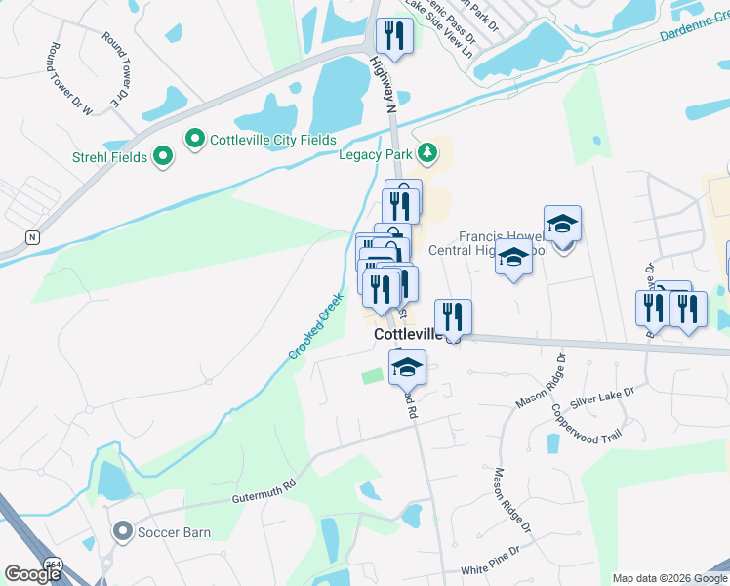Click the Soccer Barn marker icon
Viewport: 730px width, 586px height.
(x=122, y=532)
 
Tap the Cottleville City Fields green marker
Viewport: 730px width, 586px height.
(x=194, y=140)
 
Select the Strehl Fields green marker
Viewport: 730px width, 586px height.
(x=162, y=156)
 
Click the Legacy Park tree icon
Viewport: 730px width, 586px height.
(x=426, y=153)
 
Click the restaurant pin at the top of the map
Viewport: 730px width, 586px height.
(x=394, y=37)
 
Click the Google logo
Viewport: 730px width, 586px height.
(x=33, y=574)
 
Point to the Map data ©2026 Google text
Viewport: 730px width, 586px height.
(x=669, y=578)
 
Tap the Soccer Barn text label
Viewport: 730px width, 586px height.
(x=174, y=533)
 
